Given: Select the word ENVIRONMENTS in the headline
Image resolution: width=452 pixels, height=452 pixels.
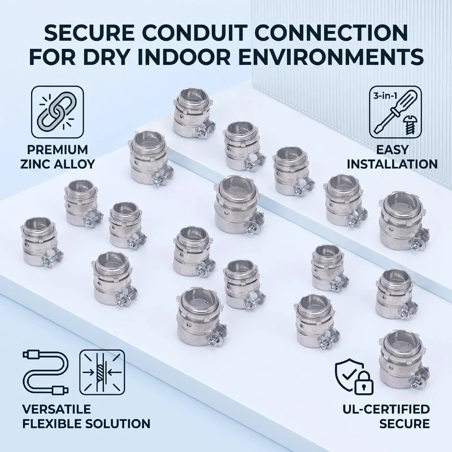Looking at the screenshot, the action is click(330, 57).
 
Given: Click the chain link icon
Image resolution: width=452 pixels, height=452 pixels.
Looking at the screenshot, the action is click(58, 112).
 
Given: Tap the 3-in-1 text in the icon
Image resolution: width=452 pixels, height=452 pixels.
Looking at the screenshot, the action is click(385, 96).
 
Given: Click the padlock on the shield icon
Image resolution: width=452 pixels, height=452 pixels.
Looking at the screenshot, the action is click(363, 383).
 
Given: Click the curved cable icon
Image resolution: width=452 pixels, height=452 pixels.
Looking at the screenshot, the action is click(46, 372).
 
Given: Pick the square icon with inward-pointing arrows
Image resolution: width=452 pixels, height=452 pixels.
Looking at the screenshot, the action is click(102, 372).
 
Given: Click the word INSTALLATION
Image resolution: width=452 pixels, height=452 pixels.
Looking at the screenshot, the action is click(392, 164).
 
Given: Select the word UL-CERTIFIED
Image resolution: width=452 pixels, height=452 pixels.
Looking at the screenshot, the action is click(386, 409).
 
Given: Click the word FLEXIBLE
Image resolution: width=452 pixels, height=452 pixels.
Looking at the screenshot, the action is click(53, 424).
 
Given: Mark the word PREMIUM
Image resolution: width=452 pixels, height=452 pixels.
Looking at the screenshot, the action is click(58, 150).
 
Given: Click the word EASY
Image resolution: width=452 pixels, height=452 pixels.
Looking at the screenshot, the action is click(392, 150).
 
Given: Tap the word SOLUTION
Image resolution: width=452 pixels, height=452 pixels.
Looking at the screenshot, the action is click(119, 424).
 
